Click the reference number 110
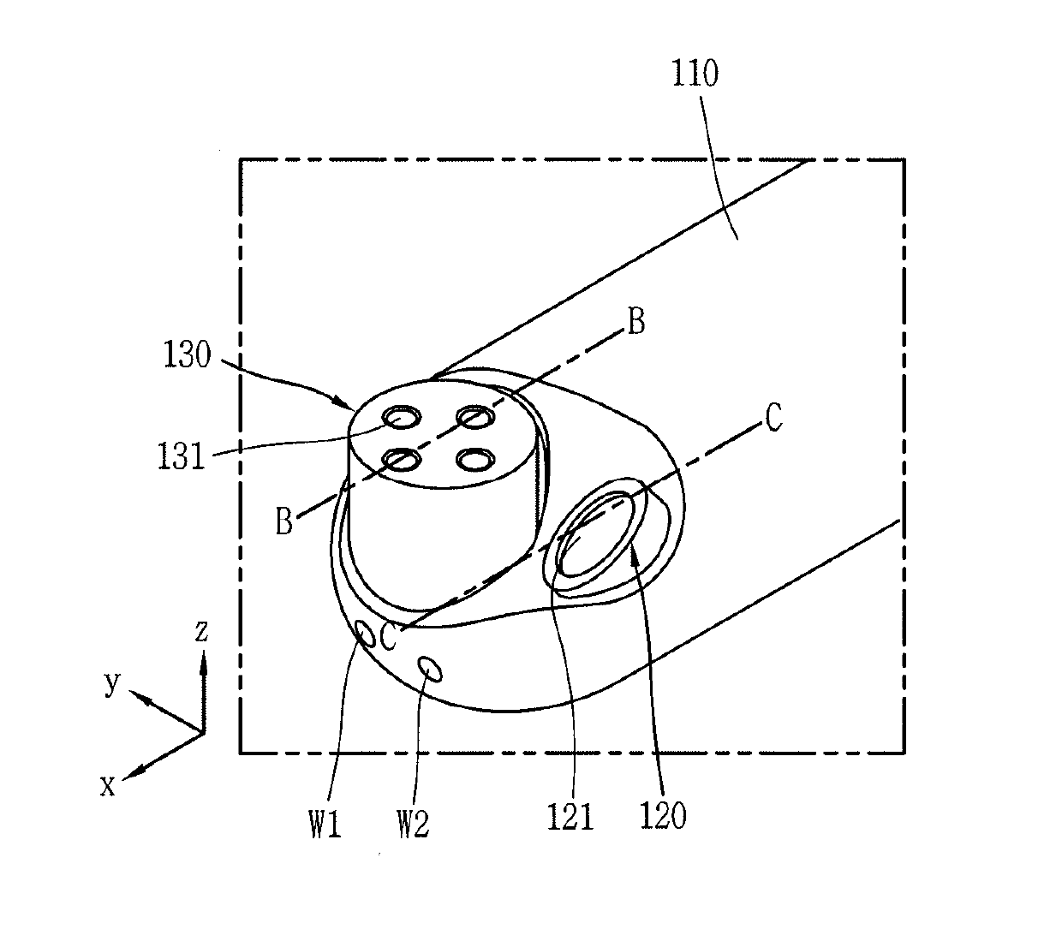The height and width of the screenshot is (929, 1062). point(695,74)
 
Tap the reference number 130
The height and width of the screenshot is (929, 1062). point(187,353)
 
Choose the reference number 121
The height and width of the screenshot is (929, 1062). point(571,816)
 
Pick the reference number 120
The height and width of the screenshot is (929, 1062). point(664,816)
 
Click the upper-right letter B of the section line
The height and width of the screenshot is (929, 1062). point(635,323)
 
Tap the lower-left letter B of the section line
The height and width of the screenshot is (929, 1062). point(284,521)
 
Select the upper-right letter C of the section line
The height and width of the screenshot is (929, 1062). point(773,419)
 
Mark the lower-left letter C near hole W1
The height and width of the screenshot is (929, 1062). point(388,637)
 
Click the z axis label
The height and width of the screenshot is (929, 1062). point(201,632)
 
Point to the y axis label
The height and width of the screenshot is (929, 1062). point(111,682)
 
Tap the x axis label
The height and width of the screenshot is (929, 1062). point(108,785)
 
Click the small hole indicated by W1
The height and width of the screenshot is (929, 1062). point(365,634)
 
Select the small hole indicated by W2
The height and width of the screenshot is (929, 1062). point(430,667)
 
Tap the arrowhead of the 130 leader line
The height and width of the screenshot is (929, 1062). point(348,404)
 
